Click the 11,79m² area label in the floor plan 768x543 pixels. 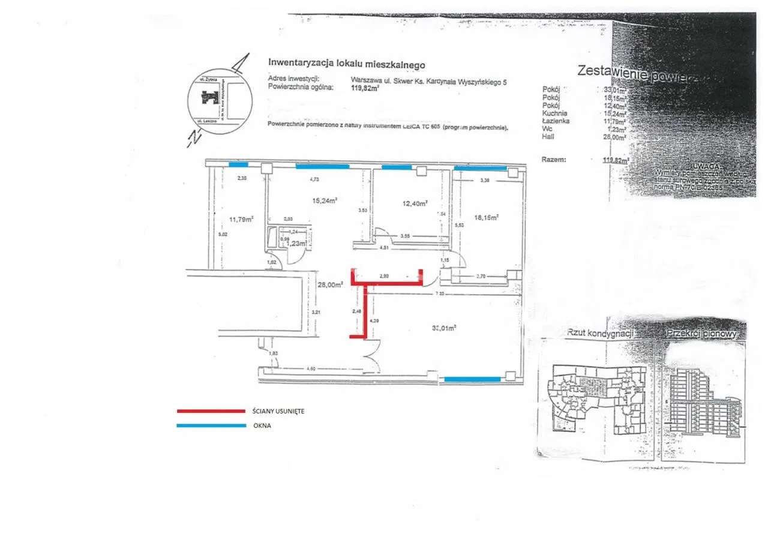241,219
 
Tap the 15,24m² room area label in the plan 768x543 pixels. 325,200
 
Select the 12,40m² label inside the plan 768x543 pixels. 415,204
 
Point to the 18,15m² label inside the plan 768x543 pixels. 488,218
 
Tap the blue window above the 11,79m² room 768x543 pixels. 238,165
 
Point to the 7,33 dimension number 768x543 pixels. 440,293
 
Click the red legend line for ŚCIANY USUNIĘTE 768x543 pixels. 211,411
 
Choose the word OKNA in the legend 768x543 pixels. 262,425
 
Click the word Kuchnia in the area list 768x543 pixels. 554,113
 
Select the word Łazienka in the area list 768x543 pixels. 556,121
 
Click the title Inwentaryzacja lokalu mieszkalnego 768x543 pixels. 347,62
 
